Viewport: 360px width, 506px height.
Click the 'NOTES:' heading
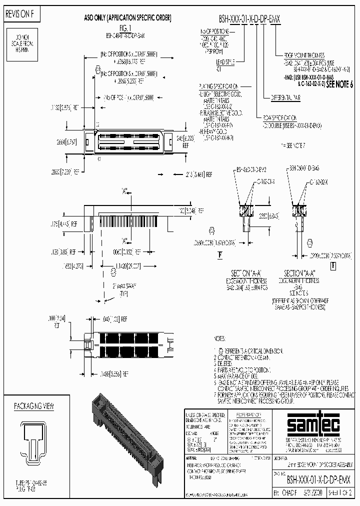tap(220, 339)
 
